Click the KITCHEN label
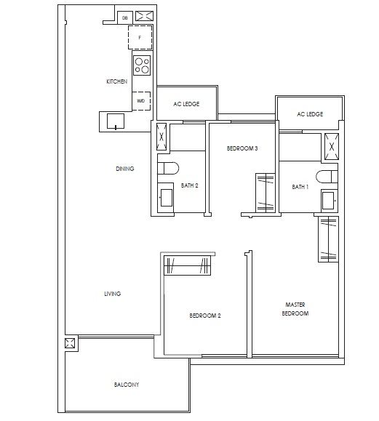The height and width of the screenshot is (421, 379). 116,82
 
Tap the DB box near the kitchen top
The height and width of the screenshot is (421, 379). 124,17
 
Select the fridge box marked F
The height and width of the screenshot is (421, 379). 140,36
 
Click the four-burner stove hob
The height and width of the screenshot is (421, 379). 141,65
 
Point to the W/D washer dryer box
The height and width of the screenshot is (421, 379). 140,101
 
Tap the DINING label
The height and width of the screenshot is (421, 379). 124,169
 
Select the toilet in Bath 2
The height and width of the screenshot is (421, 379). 169,169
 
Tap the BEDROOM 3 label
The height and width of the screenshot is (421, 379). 242,148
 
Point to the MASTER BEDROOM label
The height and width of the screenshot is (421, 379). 295,309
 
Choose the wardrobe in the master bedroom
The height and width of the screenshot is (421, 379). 326,241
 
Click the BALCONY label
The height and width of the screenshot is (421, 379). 126,384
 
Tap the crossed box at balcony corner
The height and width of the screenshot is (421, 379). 71,345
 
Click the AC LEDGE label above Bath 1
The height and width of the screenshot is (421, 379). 310,114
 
